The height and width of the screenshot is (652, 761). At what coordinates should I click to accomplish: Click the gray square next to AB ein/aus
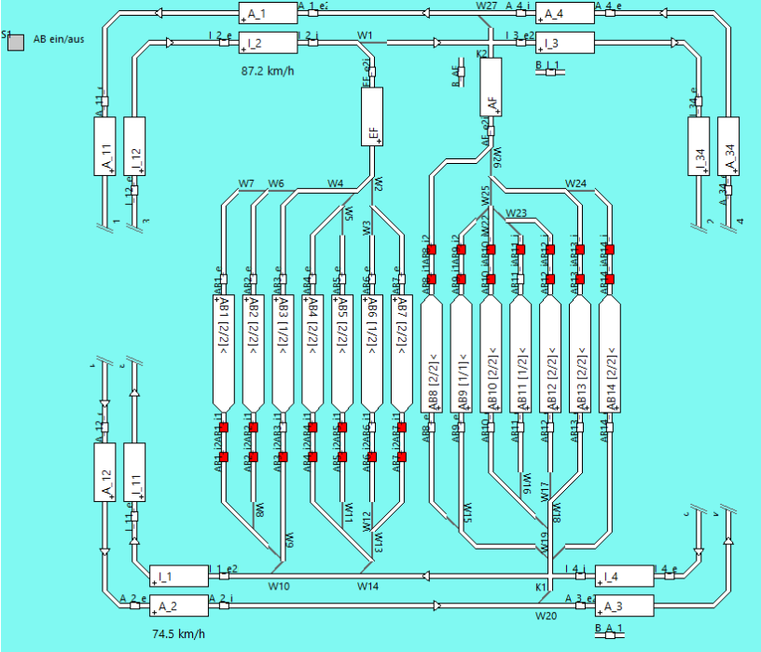[15, 42]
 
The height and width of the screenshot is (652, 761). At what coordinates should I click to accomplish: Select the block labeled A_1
[267, 13]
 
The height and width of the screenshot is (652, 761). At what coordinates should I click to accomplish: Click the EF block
[372, 116]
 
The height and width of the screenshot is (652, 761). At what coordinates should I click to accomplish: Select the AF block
[491, 86]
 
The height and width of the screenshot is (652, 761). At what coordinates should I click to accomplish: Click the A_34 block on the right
[727, 146]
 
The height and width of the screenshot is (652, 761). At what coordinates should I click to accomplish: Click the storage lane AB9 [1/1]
[462, 360]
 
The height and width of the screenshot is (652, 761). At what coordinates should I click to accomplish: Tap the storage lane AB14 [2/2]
[610, 360]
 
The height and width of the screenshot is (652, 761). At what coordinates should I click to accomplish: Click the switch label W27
[486, 6]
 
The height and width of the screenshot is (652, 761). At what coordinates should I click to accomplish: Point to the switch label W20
[545, 617]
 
